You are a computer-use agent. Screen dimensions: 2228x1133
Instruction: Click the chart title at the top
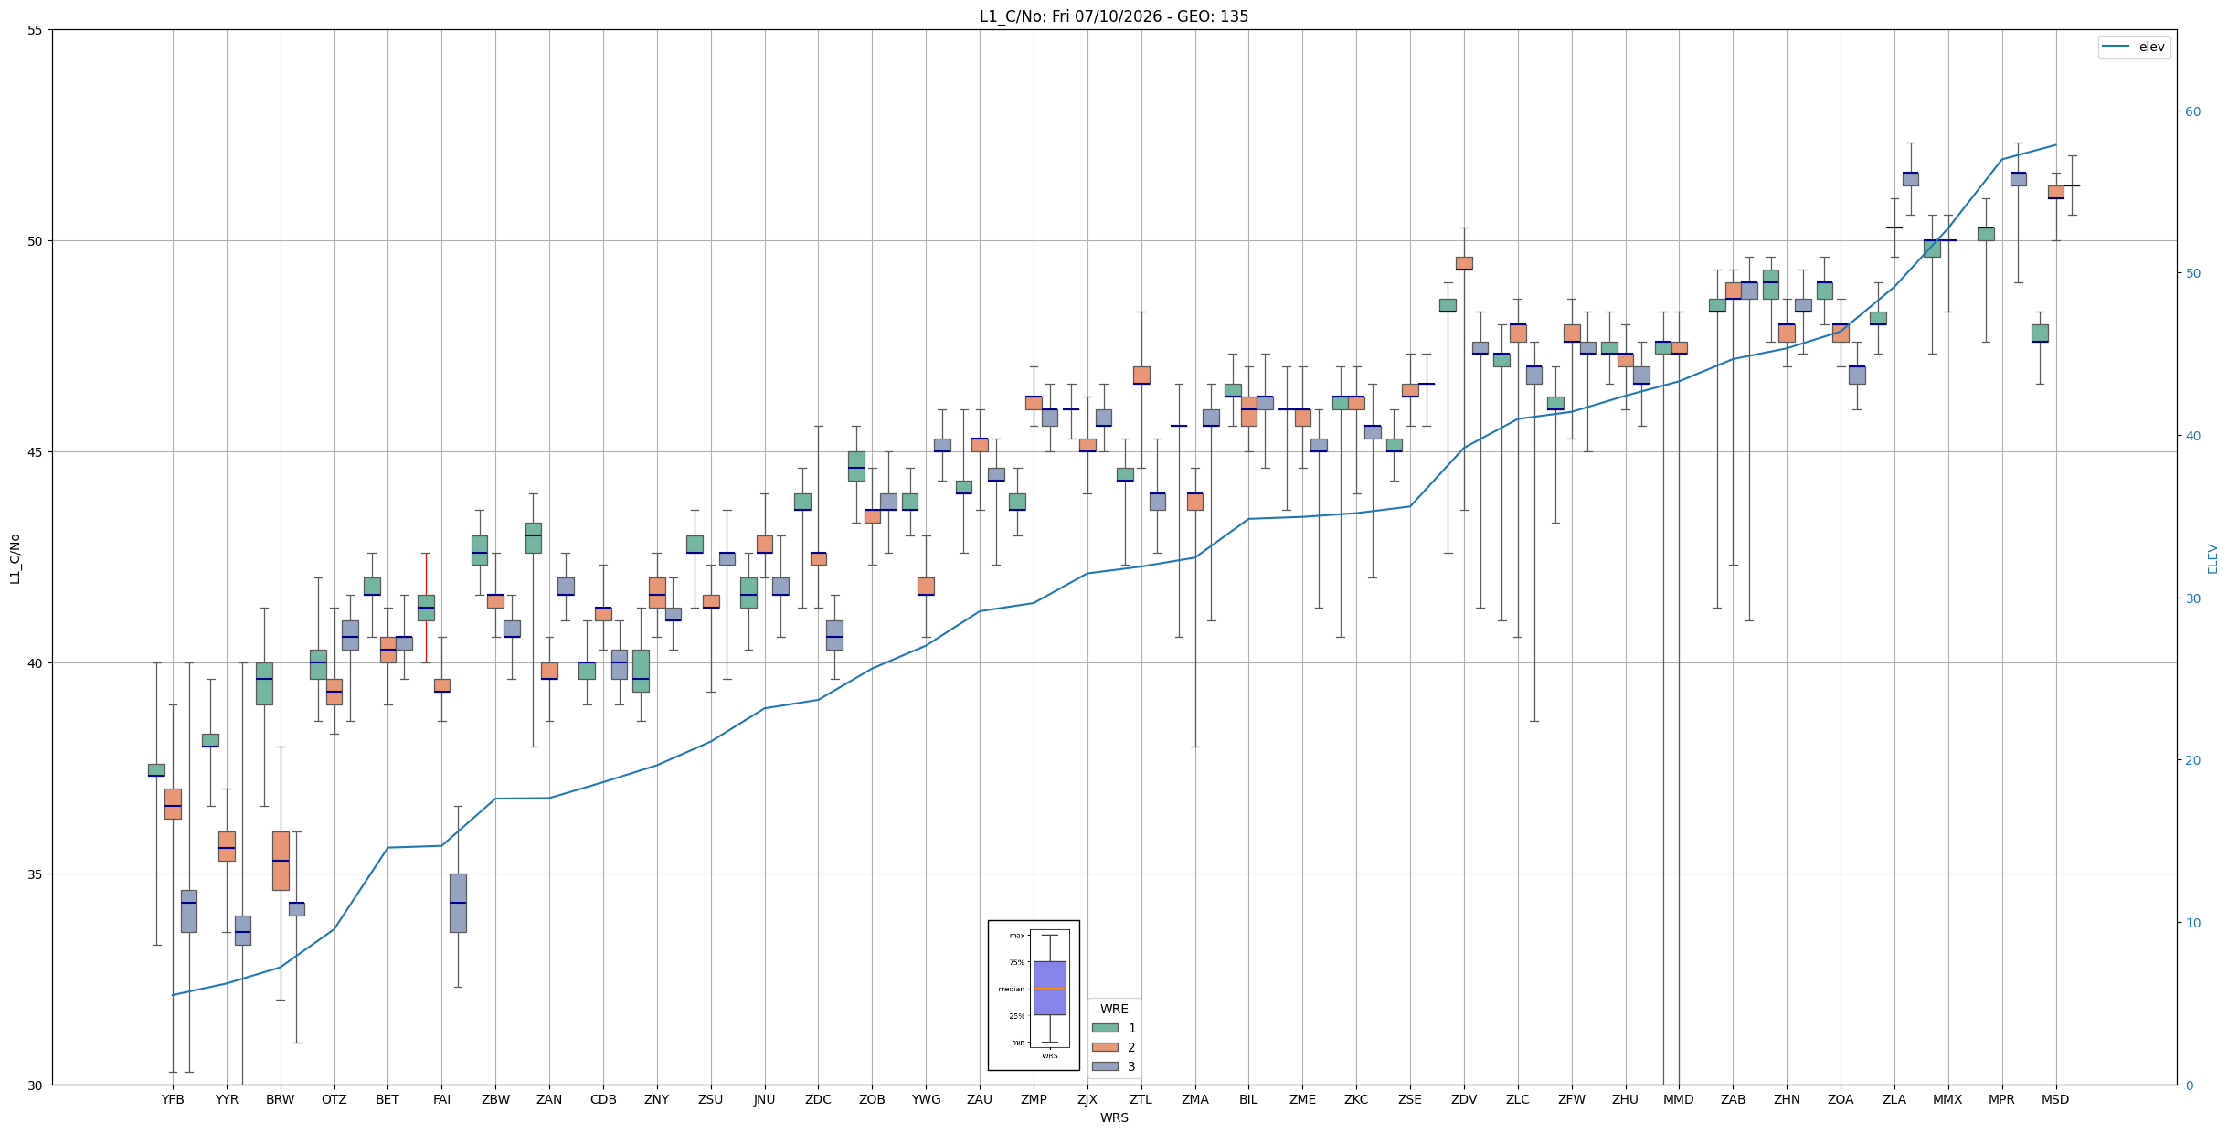(x=1114, y=16)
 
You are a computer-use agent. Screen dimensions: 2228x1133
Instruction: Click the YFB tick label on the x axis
(x=173, y=1099)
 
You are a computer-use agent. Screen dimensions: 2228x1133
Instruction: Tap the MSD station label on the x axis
(x=2055, y=1099)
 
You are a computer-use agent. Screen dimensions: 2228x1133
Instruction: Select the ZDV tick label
(x=1464, y=1099)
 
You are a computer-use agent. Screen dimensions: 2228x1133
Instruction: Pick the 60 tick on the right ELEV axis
(x=2192, y=111)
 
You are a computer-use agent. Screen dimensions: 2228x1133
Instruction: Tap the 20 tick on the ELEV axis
(x=2192, y=760)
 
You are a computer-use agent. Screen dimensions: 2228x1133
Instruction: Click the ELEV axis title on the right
(x=2212, y=558)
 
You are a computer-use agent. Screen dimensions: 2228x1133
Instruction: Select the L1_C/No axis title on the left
(x=15, y=558)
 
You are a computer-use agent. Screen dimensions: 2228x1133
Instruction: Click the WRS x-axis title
(x=1114, y=1117)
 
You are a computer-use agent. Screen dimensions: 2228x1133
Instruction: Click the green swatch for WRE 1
(x=1105, y=1028)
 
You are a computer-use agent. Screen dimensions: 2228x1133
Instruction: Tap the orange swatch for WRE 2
(x=1105, y=1047)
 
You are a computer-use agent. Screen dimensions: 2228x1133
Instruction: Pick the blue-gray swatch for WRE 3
(x=1105, y=1066)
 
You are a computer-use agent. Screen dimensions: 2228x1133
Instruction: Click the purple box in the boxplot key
(x=1049, y=988)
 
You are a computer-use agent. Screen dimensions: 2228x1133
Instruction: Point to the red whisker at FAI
(x=426, y=608)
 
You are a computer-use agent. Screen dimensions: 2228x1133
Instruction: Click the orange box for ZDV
(x=1464, y=263)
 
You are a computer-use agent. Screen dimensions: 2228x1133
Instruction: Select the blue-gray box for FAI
(x=458, y=903)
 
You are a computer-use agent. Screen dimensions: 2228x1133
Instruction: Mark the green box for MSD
(x=2040, y=334)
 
